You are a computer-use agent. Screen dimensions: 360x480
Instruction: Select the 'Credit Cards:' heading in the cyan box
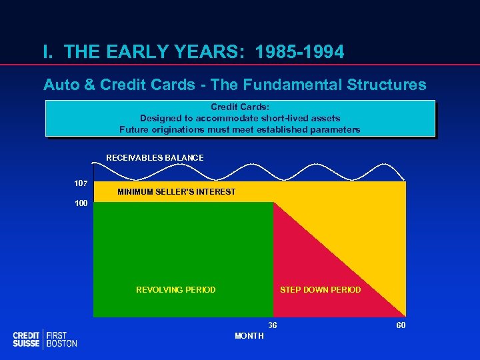[x=239, y=107]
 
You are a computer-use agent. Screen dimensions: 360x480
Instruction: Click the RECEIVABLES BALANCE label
[x=155, y=158]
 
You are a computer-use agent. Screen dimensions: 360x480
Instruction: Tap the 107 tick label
[x=81, y=183]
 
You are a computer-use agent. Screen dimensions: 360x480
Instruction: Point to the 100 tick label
[x=81, y=203]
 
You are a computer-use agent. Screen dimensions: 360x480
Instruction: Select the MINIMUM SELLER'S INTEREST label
[x=176, y=192]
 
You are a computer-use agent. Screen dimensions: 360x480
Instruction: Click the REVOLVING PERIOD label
[x=175, y=290]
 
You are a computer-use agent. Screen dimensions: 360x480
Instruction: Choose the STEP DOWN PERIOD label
[x=320, y=290]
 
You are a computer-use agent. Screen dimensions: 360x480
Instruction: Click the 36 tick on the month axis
[x=273, y=325]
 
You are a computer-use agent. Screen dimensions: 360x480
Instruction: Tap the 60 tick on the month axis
[x=399, y=325]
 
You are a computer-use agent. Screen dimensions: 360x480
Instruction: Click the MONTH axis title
[x=249, y=336]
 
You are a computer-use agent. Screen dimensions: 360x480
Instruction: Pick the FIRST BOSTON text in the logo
[x=62, y=339]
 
